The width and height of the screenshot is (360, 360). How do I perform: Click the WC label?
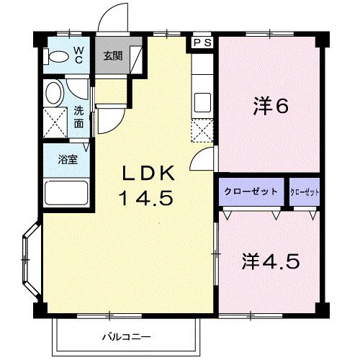pyautogui.click(x=79, y=55)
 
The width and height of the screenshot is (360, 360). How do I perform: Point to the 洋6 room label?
pyautogui.click(x=270, y=106)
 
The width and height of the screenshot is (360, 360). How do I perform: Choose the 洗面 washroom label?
pyautogui.click(x=78, y=117)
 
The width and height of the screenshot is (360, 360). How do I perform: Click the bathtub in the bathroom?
pyautogui.click(x=66, y=192)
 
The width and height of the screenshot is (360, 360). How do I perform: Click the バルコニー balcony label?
pyautogui.click(x=126, y=336)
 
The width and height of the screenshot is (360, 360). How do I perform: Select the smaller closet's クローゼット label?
pyautogui.click(x=305, y=192)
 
